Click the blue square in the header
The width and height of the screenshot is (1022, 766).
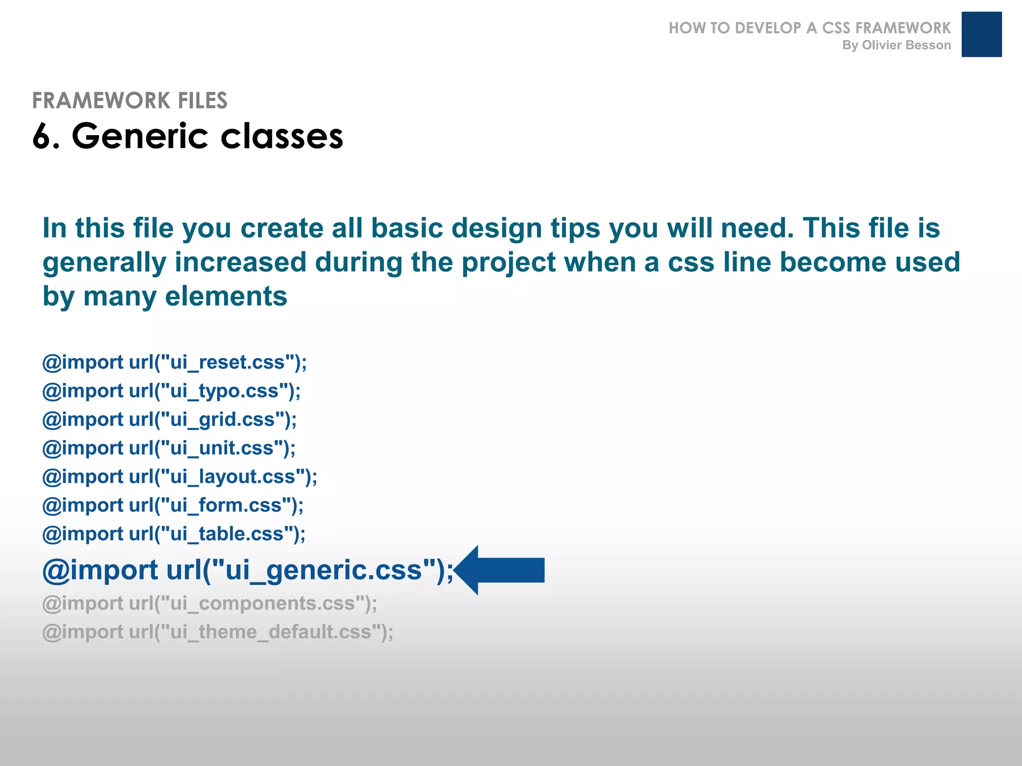pos(981,34)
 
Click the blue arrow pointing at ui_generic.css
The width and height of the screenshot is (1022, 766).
pos(502,570)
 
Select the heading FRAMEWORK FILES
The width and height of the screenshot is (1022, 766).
pos(130,101)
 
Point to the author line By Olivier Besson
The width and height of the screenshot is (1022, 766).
pos(896,45)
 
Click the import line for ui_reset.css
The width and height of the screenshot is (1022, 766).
pos(175,363)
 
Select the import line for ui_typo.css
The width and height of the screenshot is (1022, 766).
pos(172,391)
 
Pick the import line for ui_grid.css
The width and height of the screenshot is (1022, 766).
pos(170,420)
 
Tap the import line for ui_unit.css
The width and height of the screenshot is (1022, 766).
pos(169,448)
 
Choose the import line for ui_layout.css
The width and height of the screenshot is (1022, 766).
pos(180,477)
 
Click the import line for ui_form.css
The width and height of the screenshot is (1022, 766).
pos(173,506)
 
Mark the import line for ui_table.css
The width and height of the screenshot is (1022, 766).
pos(174,534)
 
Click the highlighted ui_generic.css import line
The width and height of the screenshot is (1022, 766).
pos(248,570)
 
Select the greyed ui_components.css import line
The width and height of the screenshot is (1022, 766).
pos(210,604)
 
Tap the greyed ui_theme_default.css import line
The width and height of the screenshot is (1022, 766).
pos(218,632)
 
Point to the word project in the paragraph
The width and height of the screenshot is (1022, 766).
pos(509,263)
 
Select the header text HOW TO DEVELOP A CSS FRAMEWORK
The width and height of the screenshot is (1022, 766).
pos(809,28)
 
